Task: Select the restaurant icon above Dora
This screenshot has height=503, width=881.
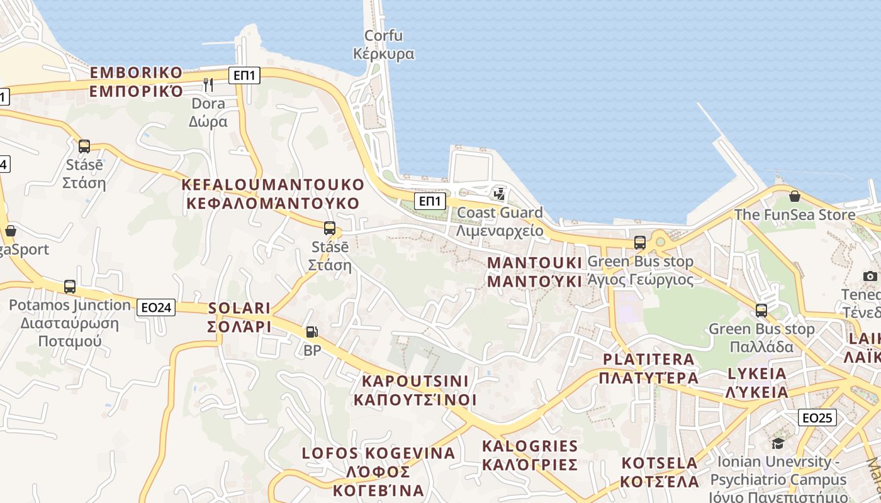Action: (x=208, y=84)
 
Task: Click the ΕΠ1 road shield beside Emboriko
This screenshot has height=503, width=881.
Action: (x=244, y=76)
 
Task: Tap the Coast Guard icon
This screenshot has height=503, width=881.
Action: (x=500, y=194)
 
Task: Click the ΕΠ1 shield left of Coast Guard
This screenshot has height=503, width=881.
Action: (x=430, y=201)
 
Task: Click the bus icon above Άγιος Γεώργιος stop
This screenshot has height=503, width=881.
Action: (x=640, y=242)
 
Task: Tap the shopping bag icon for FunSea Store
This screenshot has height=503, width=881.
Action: (x=795, y=196)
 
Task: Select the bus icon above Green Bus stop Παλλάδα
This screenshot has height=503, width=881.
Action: (x=761, y=310)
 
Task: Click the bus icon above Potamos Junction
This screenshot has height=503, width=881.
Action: (x=70, y=287)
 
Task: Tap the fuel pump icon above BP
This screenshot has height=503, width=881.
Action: (x=311, y=332)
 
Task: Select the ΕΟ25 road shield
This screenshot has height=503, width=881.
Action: (x=817, y=417)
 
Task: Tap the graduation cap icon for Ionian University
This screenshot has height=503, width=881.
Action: (x=778, y=443)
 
